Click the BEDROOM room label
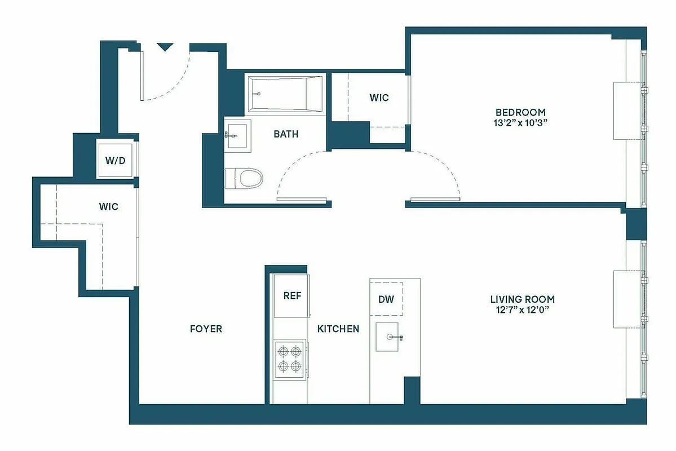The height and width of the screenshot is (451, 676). pos(520,112)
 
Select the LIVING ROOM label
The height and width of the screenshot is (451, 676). pos(522,299)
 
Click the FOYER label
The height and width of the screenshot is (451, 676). pos(205,329)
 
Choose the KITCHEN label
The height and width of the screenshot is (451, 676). pos(338,329)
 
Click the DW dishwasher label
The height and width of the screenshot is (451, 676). pos(386,299)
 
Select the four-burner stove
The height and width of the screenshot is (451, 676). pos(290,359)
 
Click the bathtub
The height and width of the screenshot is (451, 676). pos(285,94)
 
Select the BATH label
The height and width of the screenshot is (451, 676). pos(286,134)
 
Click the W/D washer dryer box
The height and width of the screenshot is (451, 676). pos(115,160)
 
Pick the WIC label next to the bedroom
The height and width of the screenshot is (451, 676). pos(379,98)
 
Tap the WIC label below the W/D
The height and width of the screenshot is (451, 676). pos(109,207)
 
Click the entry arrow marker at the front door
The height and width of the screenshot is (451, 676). pos(164,47)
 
